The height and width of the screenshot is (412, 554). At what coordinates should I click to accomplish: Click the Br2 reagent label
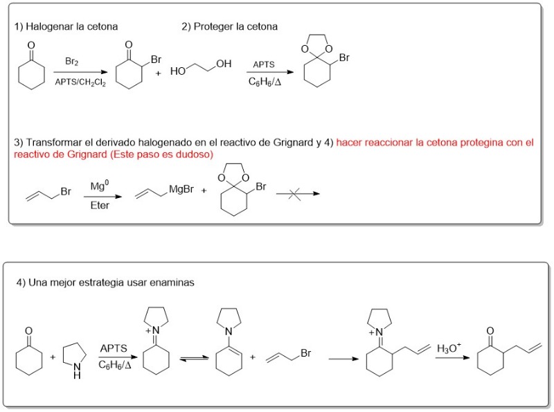pos(72,62)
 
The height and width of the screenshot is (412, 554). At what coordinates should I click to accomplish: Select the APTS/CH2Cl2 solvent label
pos(80,82)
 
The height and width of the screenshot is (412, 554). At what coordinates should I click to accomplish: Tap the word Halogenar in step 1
pos(49,26)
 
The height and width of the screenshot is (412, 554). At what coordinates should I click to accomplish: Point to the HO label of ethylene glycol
pos(178,71)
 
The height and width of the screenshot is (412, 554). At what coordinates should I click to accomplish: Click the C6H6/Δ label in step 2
pos(265,82)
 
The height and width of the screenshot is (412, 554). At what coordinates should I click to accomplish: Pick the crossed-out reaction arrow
pos(298,194)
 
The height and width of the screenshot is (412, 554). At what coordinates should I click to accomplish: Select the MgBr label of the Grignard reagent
pos(181,190)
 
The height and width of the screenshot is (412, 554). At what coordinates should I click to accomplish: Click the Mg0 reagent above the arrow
pos(100,186)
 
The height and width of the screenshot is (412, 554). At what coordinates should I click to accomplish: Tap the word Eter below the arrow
pos(100,205)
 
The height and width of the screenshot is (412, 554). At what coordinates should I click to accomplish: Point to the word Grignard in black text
pos(293,143)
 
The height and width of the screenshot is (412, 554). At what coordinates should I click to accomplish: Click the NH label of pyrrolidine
pos(77,371)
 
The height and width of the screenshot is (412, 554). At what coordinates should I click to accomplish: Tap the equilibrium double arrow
pos(194,359)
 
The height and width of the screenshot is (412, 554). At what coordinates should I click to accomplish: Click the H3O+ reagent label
pos(449,348)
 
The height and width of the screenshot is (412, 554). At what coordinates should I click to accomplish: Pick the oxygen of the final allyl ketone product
pos(490,331)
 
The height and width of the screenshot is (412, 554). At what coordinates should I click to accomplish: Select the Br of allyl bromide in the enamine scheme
pos(305,353)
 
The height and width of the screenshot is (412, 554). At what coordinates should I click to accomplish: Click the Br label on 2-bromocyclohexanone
pos(156,60)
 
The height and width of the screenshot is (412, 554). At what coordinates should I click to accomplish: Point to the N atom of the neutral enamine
pos(229,332)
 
